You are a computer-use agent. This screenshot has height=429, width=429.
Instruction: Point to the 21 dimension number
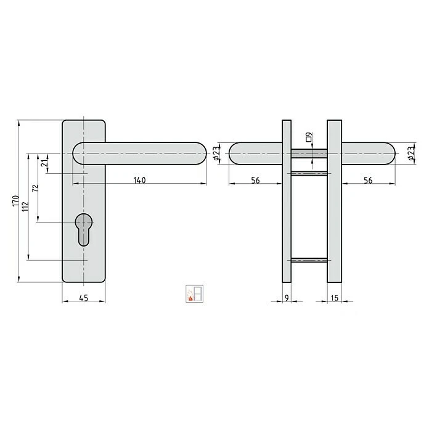pyautogui.click(x=44, y=163)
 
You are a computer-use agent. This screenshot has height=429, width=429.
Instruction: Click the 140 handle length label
pyautogui.click(x=139, y=180)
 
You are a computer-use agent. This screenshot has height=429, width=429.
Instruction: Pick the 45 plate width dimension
pyautogui.click(x=84, y=298)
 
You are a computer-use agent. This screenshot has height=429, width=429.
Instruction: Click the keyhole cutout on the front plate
pyautogui.click(x=84, y=230)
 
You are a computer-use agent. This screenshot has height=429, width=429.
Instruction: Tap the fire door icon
pyautogui.click(x=194, y=293)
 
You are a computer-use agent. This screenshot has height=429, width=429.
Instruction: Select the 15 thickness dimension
pyautogui.click(x=335, y=298)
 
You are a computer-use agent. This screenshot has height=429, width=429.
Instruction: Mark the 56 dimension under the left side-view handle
pyautogui.click(x=255, y=180)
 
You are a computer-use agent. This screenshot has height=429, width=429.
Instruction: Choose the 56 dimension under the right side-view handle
pyautogui.click(x=368, y=180)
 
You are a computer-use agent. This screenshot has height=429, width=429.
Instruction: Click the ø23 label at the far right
pyautogui.click(x=411, y=153)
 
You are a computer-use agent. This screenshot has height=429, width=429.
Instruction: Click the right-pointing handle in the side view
pyautogui.click(x=369, y=153)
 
